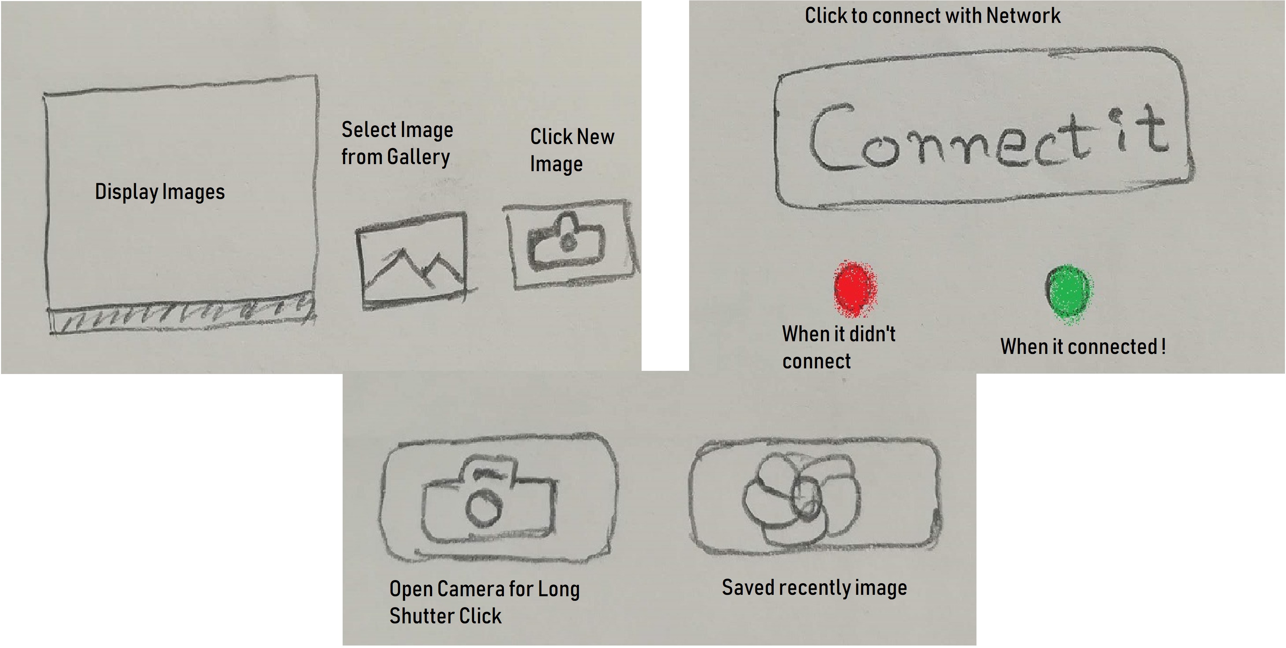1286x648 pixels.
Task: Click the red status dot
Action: (x=855, y=288)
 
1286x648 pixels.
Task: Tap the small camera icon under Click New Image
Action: (x=566, y=242)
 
